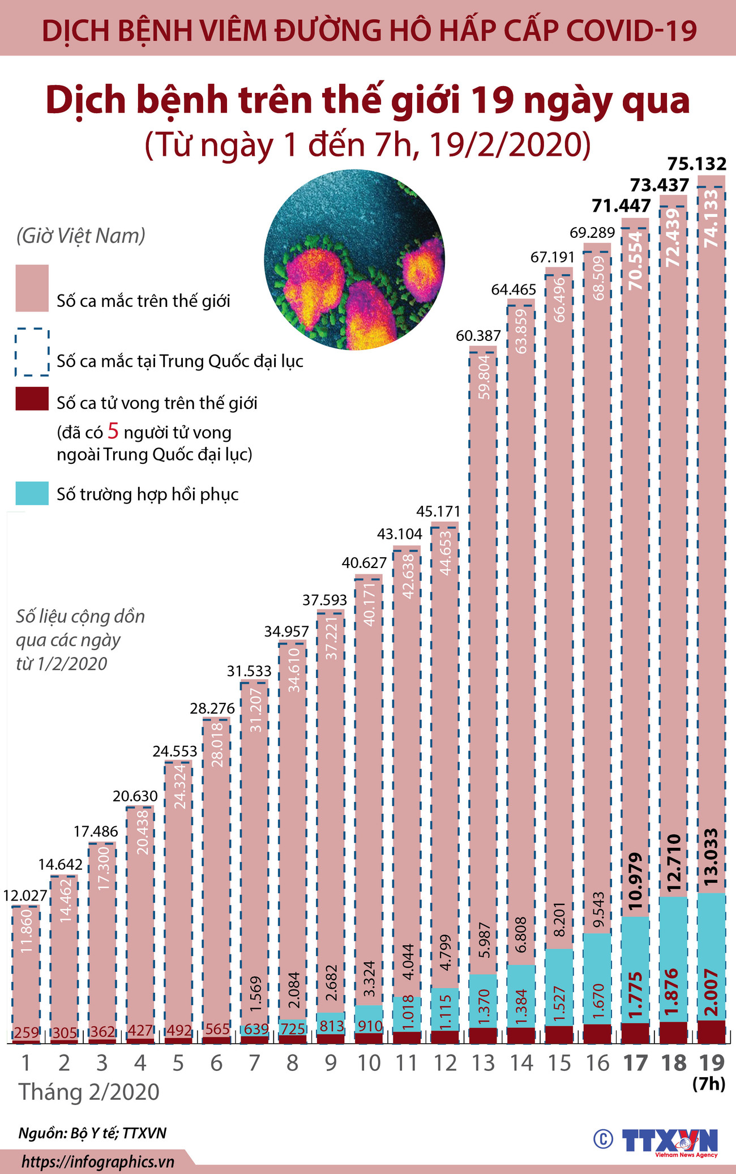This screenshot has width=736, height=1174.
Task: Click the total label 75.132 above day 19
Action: coord(696,164)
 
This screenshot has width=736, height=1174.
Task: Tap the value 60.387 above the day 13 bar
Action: coord(478,336)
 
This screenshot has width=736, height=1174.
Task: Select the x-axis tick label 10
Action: coord(369,1064)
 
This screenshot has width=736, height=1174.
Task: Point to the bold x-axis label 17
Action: coord(635,1064)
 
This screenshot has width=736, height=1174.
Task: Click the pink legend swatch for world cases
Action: coord(32,288)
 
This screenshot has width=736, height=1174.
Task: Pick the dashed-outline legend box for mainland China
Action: coord(32,352)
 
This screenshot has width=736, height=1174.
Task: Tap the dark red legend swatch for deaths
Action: coord(32,399)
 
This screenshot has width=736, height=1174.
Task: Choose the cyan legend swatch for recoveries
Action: coord(32,493)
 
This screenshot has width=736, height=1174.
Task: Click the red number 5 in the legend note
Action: coord(113,432)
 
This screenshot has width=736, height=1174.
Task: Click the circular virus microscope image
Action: coord(354,260)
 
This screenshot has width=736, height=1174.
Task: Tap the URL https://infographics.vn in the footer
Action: coord(98,1162)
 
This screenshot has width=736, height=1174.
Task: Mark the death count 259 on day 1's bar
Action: coord(26,1032)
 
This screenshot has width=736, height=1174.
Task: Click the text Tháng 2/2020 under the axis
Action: coord(89,1091)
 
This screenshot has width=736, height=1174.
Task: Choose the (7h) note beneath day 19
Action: coord(709,1084)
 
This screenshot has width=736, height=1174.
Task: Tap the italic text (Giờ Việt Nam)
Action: coord(80,236)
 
